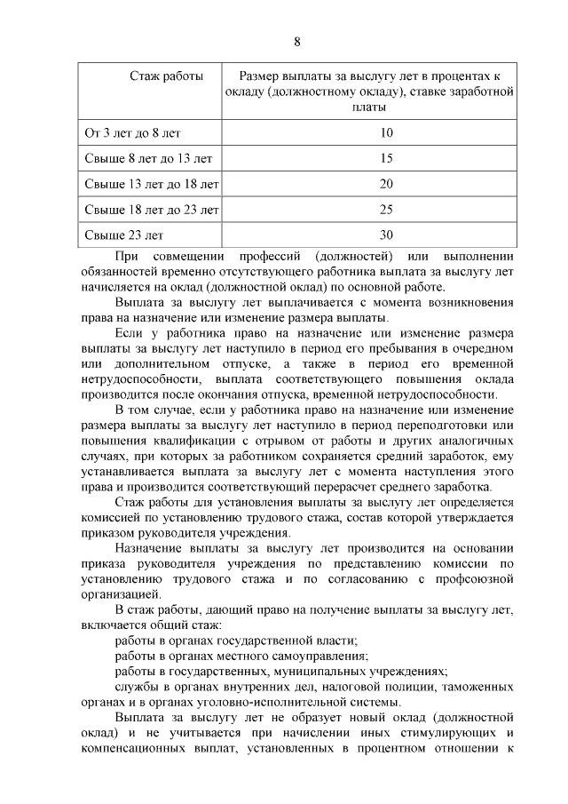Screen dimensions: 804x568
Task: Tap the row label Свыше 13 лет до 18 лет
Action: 151,185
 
